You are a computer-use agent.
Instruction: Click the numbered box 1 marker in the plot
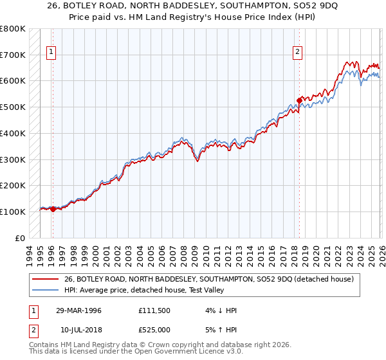51,53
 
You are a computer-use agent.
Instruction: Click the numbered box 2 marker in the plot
299,53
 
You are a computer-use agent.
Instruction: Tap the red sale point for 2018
299,100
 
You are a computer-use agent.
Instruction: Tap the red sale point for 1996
53,208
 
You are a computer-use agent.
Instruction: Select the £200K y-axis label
13,185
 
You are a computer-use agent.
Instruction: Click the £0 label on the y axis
19,238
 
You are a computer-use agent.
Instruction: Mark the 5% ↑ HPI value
220,329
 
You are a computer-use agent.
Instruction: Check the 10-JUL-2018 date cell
79,329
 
